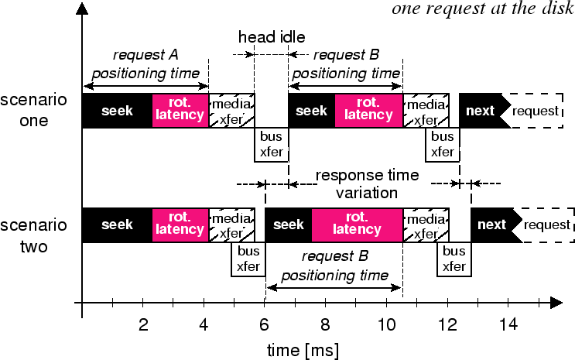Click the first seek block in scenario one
[117, 111]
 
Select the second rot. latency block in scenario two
[357, 225]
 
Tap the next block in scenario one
[481, 111]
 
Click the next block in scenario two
[492, 225]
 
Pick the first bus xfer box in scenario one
[272, 145]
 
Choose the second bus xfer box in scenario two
[453, 259]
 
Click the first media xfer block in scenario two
[231, 225]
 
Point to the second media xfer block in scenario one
[425, 111]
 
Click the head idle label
[272, 37]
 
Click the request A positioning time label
[145, 64]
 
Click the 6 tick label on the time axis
[265, 324]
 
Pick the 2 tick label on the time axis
[143, 324]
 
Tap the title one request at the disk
[481, 9]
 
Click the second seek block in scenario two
[289, 225]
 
